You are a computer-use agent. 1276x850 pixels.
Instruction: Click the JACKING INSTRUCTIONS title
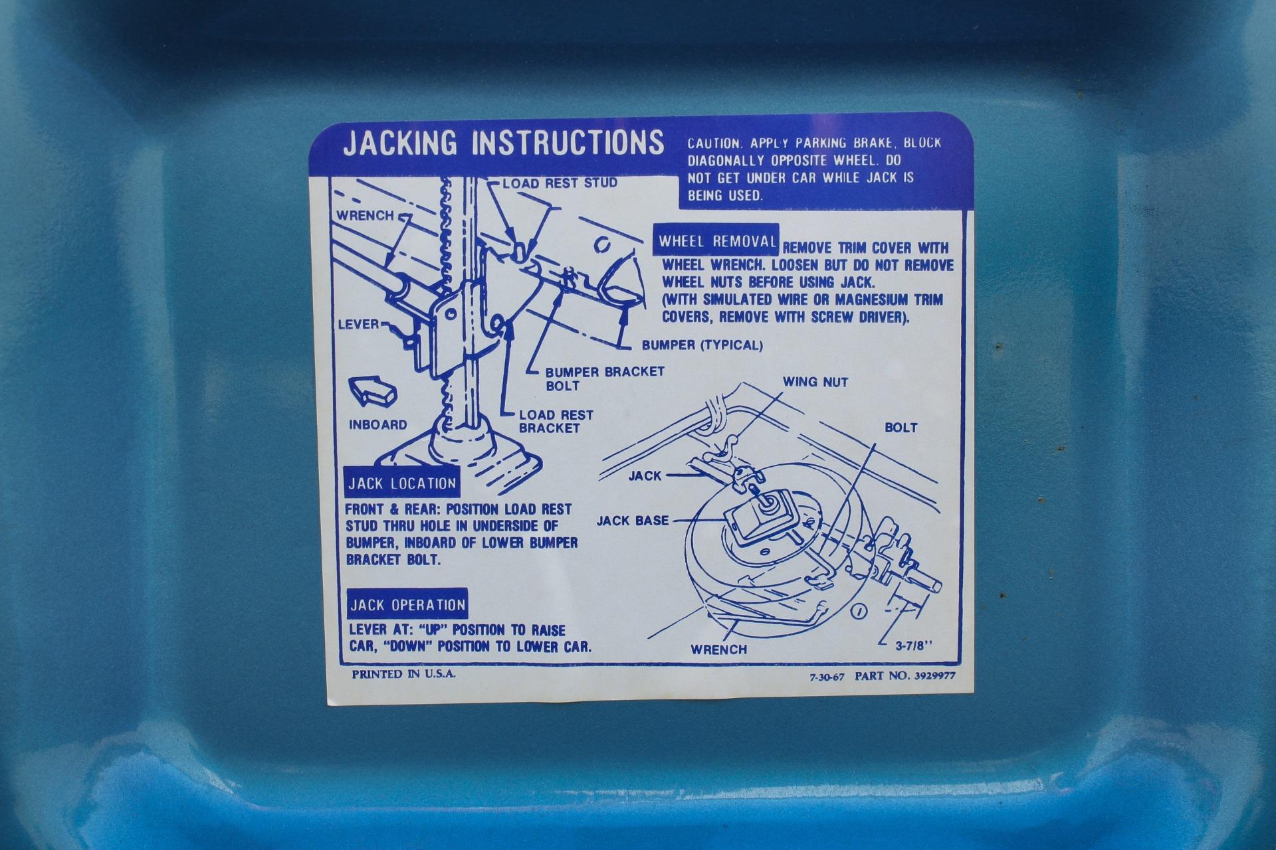coord(503,143)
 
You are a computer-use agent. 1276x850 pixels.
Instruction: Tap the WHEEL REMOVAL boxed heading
coord(717,241)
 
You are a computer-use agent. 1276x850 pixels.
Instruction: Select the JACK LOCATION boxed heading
coord(402,483)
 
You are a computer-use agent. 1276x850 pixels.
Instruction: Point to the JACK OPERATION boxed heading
coord(407,604)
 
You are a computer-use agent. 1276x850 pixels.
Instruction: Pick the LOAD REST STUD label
coord(560,183)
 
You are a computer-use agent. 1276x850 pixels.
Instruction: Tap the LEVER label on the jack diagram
coord(358,325)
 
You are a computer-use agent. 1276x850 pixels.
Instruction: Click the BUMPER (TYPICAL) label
coord(702,345)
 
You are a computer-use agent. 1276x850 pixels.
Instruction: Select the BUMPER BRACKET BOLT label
coord(605,379)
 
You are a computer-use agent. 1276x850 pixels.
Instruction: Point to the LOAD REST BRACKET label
coord(556,422)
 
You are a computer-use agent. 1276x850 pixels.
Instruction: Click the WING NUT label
coord(815,382)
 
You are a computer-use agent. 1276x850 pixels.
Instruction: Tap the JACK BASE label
coord(632,521)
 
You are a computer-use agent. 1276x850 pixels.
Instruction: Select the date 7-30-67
coord(827,678)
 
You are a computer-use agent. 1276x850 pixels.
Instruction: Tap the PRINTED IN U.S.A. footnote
coord(404,675)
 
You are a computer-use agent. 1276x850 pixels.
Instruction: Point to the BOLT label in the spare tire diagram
coord(901,428)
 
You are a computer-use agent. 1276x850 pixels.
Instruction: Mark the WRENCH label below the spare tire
coord(719,649)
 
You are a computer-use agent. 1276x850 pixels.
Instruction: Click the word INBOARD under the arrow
coord(377,425)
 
